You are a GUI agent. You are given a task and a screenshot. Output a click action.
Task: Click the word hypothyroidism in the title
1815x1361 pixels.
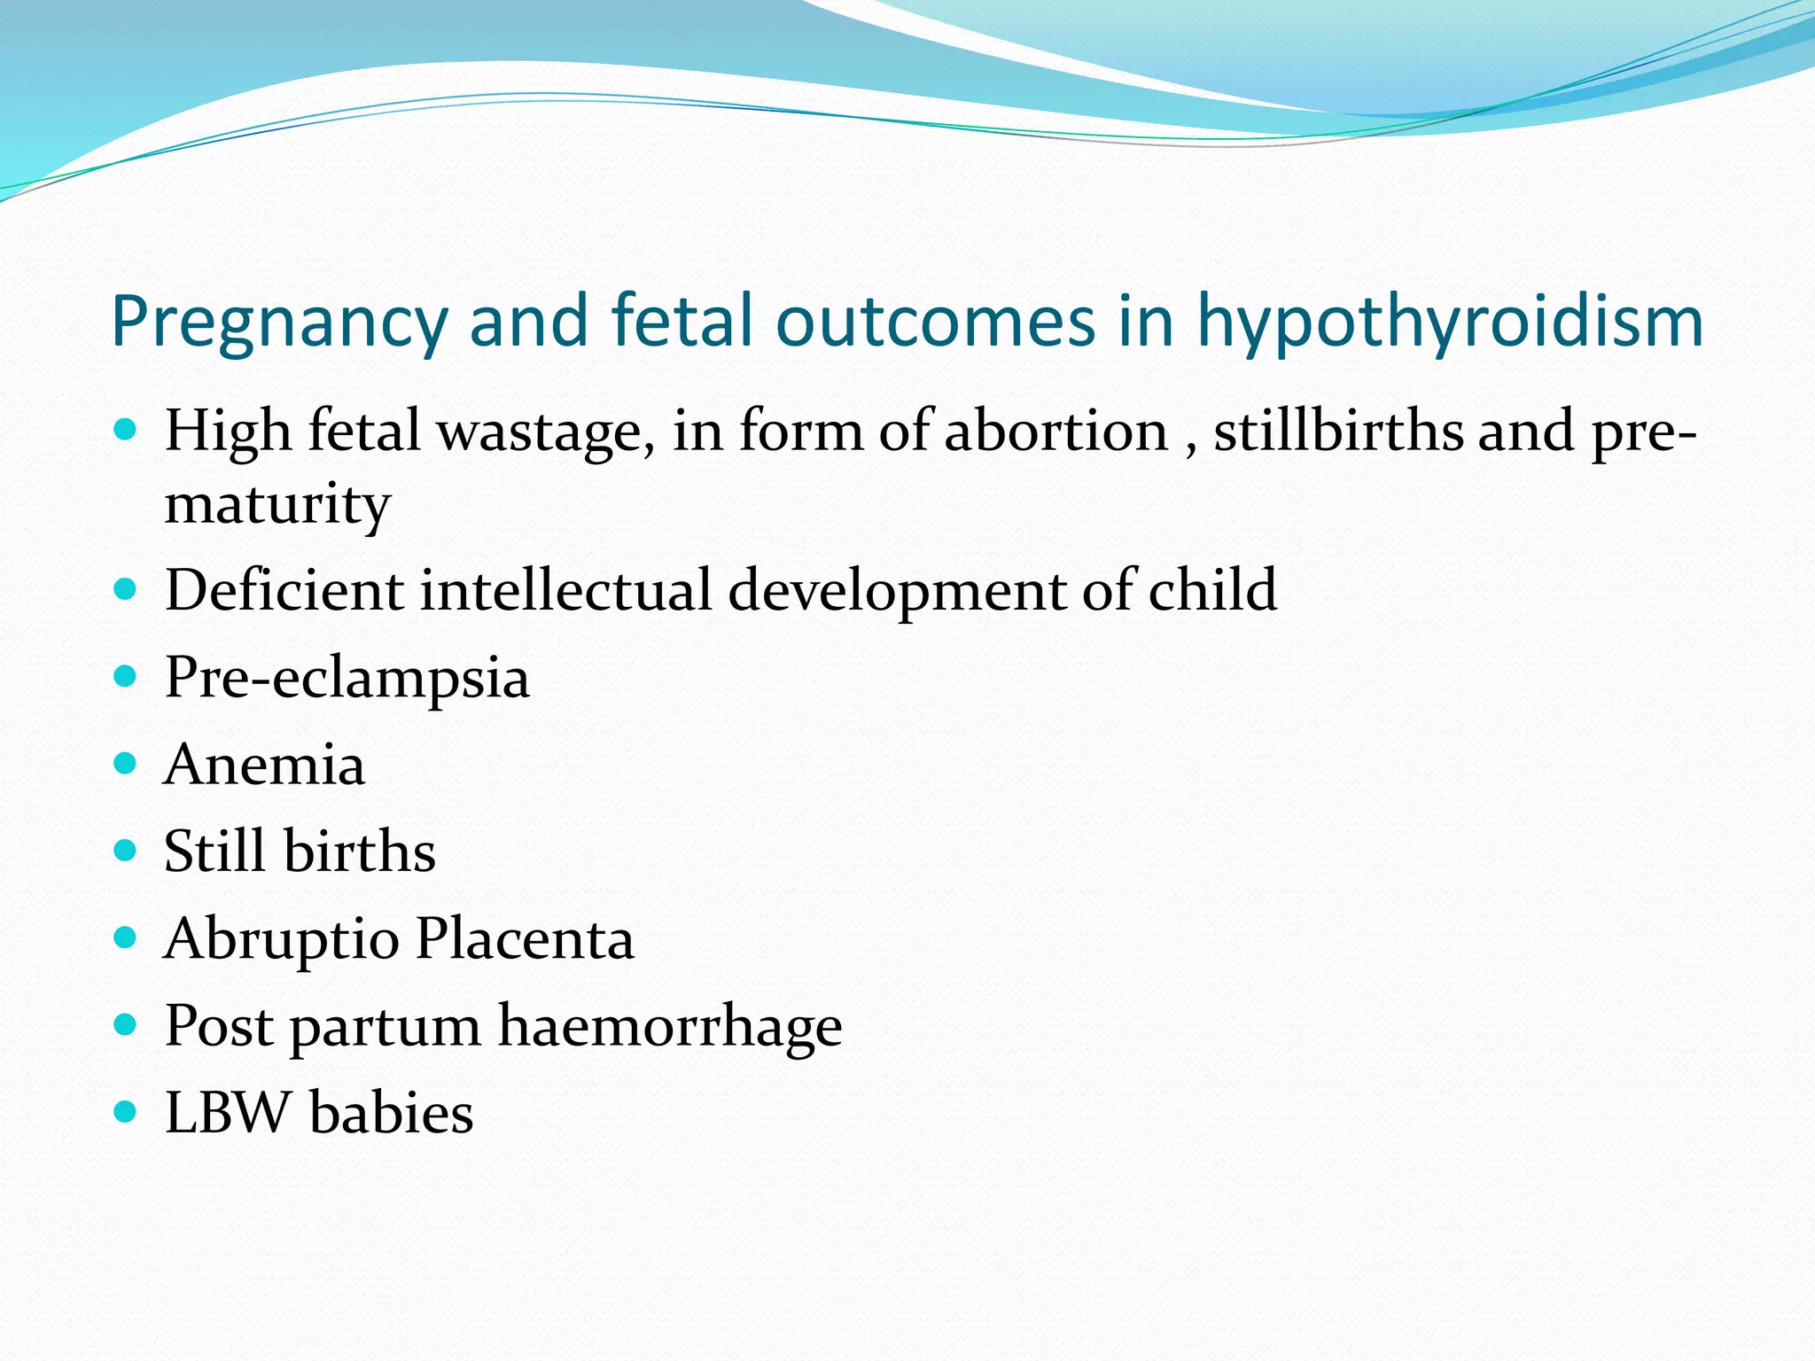pos(1450,323)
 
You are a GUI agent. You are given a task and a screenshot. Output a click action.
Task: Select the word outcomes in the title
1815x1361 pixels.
pos(936,321)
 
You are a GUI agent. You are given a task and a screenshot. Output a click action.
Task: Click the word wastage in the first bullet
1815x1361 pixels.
pos(545,433)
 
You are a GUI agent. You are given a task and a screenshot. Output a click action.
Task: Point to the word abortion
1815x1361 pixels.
pos(1056,432)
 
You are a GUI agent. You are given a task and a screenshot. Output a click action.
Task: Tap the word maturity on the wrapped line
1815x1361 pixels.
pos(277,505)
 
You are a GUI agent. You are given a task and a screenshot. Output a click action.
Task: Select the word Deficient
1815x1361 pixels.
pos(284,590)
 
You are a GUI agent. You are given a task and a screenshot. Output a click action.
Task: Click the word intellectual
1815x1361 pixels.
pos(565,590)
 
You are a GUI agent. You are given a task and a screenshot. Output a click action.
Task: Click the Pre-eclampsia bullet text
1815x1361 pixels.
pos(347,678)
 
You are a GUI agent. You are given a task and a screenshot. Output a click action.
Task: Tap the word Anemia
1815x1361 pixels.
pos(264,765)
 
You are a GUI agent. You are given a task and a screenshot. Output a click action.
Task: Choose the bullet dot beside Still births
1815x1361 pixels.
pos(126,851)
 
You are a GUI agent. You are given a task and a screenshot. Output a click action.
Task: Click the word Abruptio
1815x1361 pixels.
pos(282,939)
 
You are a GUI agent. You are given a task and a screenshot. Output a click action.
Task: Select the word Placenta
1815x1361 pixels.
pos(525,938)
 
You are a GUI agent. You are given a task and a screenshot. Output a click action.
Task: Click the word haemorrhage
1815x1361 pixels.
pos(670,1026)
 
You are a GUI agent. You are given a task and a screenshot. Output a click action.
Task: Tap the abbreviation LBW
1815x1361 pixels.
pos(228,1113)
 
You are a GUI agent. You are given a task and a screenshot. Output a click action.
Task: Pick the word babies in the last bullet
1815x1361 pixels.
pos(392,1113)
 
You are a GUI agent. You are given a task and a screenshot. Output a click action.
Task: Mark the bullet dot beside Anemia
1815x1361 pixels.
pos(126,764)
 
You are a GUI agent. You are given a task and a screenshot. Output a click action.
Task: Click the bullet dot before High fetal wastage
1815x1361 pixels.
pos(126,432)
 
